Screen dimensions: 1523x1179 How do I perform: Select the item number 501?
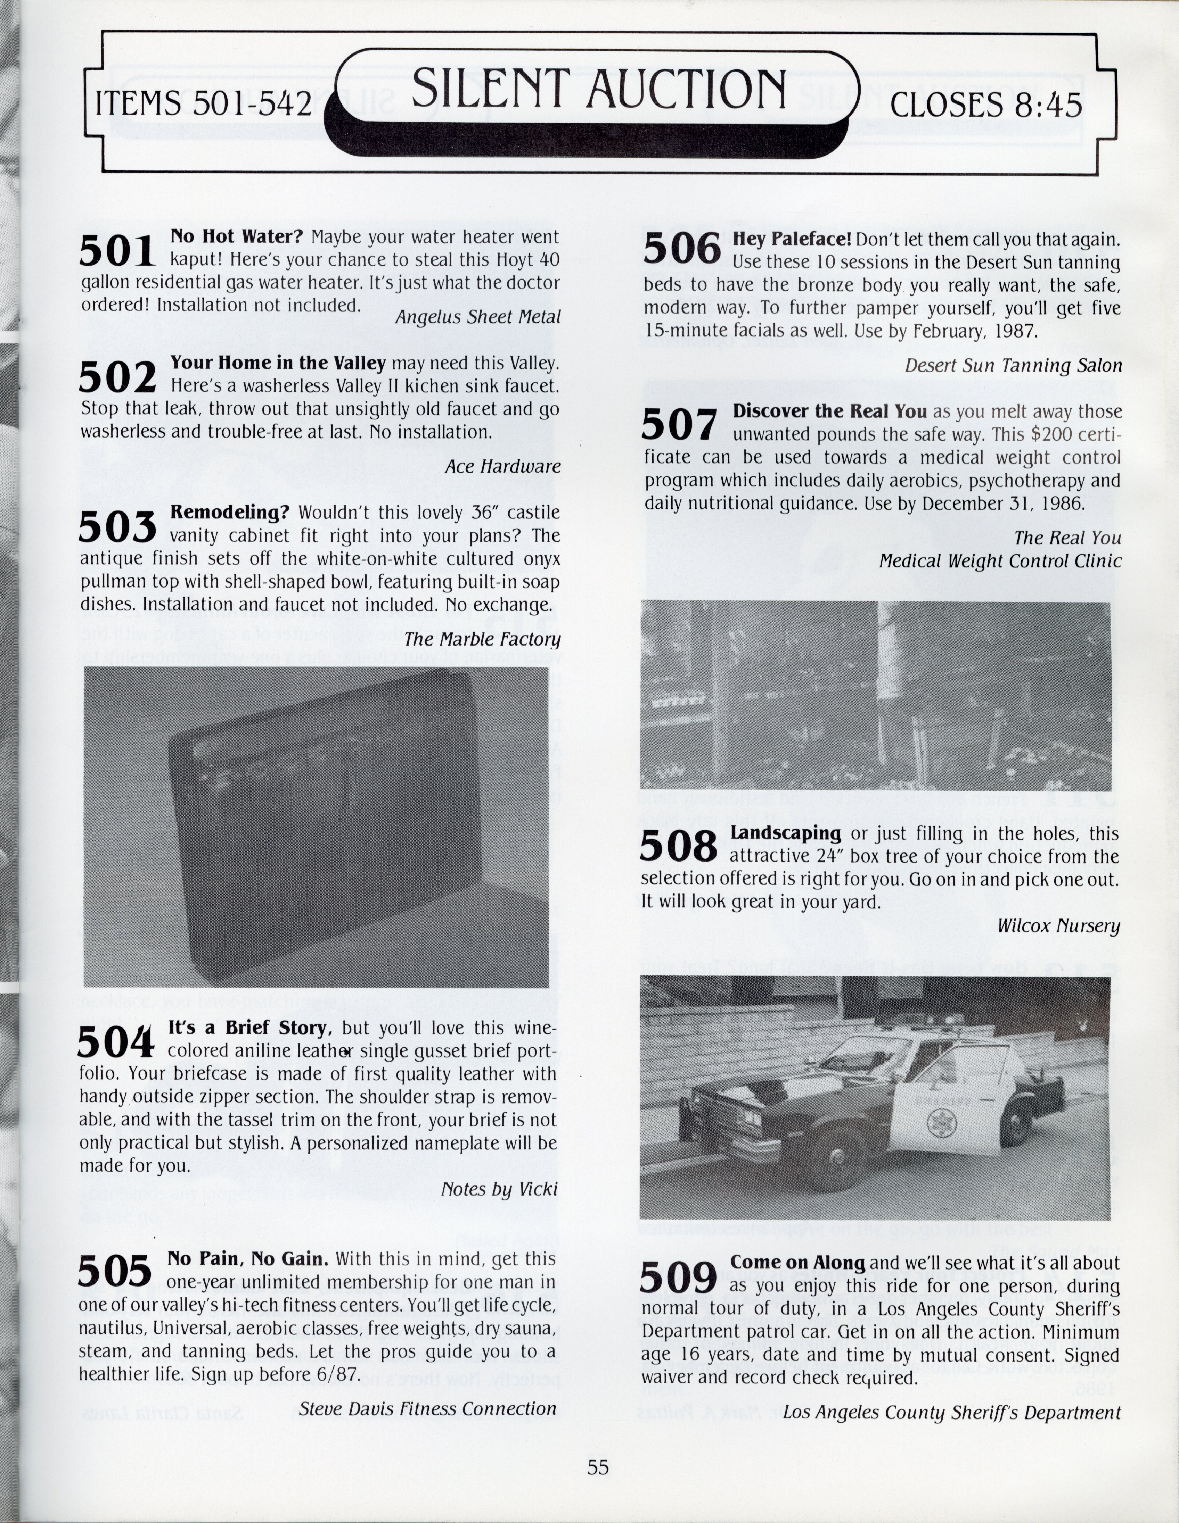point(116,251)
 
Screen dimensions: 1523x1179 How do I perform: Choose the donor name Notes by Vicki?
point(499,1189)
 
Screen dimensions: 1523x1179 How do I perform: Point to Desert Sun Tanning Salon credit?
point(1013,365)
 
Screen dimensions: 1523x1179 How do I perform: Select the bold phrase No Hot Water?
point(237,237)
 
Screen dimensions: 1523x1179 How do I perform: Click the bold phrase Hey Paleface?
point(791,240)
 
